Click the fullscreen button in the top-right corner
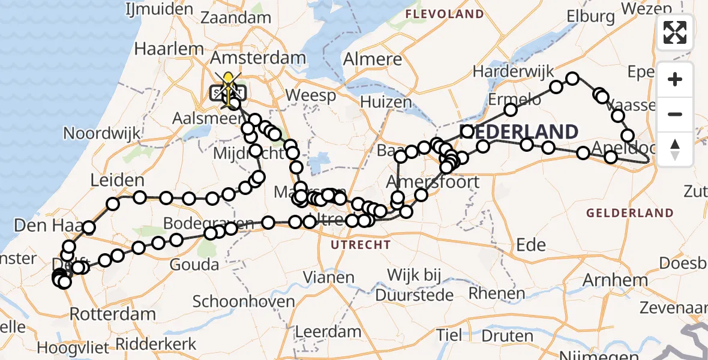pyautogui.click(x=675, y=32)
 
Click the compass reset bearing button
pyautogui.click(x=675, y=149)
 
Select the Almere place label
pyautogui.click(x=373, y=59)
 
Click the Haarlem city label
pyautogui.click(x=161, y=47)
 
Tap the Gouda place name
pyautogui.click(x=195, y=265)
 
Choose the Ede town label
pyautogui.click(x=530, y=244)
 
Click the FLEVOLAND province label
pyautogui.click(x=445, y=14)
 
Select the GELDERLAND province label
pyautogui.click(x=630, y=212)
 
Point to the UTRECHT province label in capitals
pyautogui.click(x=361, y=245)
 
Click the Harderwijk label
pyautogui.click(x=513, y=71)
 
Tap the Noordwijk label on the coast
pyautogui.click(x=101, y=133)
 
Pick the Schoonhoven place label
pyautogui.click(x=244, y=301)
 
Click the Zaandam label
pyautogui.click(x=236, y=18)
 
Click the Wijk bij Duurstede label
pyautogui.click(x=414, y=285)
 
